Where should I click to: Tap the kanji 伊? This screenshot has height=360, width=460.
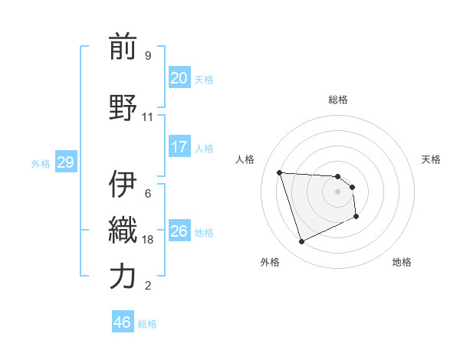123,183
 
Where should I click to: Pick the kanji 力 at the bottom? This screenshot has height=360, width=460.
123,277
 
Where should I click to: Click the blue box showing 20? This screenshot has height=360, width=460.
179,77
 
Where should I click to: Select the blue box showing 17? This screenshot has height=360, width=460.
179,146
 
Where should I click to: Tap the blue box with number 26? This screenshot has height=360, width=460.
179,231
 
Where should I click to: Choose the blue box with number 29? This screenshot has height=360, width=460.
65,162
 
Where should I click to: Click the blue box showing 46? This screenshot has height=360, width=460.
122,322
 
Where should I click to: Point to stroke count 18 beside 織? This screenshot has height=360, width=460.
148,240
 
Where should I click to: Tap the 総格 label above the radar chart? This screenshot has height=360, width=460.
337,100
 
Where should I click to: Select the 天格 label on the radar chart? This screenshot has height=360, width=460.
432,159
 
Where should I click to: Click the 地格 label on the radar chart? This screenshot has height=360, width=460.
402,262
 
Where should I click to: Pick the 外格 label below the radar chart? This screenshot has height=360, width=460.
270,262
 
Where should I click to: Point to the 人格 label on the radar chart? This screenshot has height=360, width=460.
246,159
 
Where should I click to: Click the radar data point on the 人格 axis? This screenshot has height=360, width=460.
280,172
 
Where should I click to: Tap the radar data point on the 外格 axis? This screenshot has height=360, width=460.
301,242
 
